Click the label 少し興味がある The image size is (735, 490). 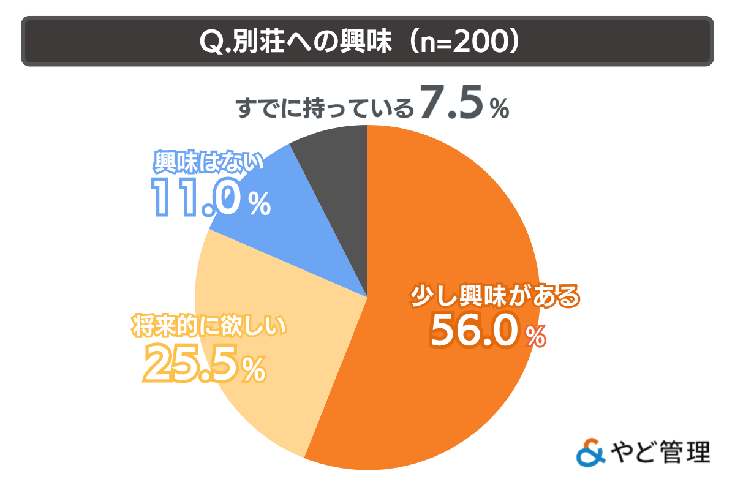pyautogui.click(x=494, y=298)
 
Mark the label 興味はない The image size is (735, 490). pyautogui.click(x=208, y=163)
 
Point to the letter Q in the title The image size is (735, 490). pyautogui.click(x=211, y=41)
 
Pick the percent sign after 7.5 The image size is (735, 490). pyautogui.click(x=499, y=110)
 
